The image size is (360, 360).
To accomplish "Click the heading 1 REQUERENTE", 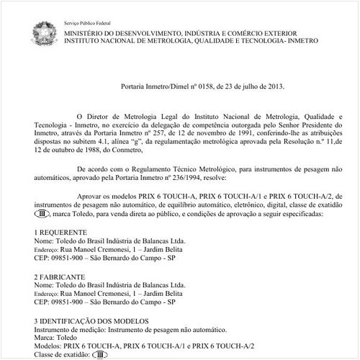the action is coord(61,232).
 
